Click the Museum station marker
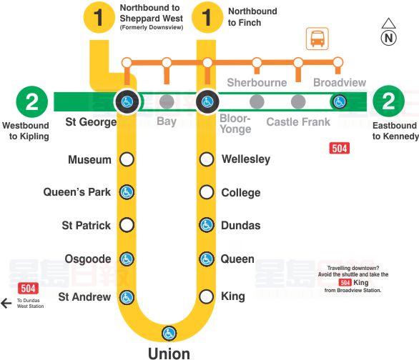point(127,159)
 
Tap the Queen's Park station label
point(77,192)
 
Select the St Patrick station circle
point(127,225)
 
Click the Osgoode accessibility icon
point(127,259)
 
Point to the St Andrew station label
point(84,296)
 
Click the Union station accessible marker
point(169,333)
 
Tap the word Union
point(169,353)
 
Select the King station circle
point(207,296)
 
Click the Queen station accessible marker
point(207,259)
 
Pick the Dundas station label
point(241,225)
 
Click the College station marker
point(207,192)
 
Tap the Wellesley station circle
point(207,159)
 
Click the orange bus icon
point(316,39)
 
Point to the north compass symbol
point(388,34)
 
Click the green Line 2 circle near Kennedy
point(388,101)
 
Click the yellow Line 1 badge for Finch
point(207,17)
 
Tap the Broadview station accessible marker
point(340,101)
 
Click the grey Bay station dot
point(167,101)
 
